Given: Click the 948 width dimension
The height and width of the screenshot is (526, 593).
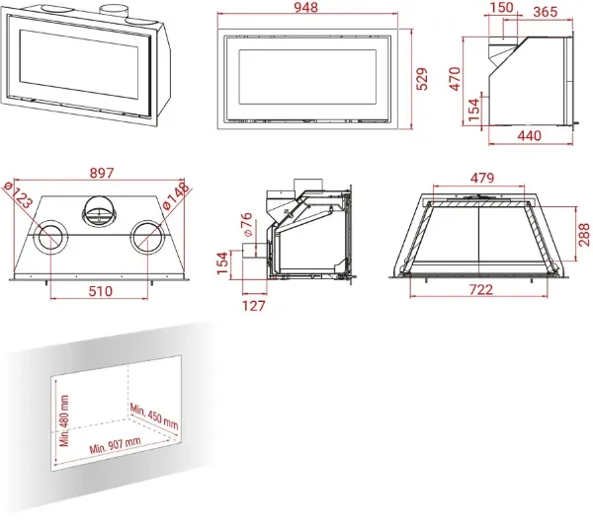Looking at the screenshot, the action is pos(305,7).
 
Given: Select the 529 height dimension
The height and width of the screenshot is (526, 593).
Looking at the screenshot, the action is pos(422,79).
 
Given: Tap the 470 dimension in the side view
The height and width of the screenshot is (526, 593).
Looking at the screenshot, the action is pos(455,79).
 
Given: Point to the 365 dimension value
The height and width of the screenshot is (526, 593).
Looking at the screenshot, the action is pos(545,12).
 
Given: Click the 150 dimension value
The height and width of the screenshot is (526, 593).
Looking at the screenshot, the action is pos(501,7).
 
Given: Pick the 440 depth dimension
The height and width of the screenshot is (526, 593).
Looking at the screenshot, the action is pos(529,135).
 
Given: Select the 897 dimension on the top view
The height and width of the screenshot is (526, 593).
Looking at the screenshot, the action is pos(102,173).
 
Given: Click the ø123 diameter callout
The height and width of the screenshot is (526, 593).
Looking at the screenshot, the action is pos(18,194).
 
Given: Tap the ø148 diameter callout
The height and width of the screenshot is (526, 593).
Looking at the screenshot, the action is pos(175,195).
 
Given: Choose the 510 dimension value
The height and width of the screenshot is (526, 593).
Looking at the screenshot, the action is pos(100,291).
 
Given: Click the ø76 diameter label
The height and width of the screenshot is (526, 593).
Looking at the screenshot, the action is pos(246,224).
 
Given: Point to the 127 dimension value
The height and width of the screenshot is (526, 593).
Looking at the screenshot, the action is pos(253,306).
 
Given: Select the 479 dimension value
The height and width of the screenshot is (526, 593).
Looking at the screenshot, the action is pos(482,178).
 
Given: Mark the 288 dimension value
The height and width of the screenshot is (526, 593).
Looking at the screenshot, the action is pos(584,234).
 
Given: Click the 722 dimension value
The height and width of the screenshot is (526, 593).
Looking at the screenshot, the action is pos(481,289).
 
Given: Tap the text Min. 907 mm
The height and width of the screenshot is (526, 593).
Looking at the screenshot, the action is pos(115,445).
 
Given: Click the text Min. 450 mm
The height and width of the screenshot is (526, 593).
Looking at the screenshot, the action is pos(153,416).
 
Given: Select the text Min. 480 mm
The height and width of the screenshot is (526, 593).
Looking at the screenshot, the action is pos(64,420).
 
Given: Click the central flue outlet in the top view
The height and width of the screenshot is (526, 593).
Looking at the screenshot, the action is pos(99,211).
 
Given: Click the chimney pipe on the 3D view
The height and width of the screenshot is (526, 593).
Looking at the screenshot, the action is pos(114,11).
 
